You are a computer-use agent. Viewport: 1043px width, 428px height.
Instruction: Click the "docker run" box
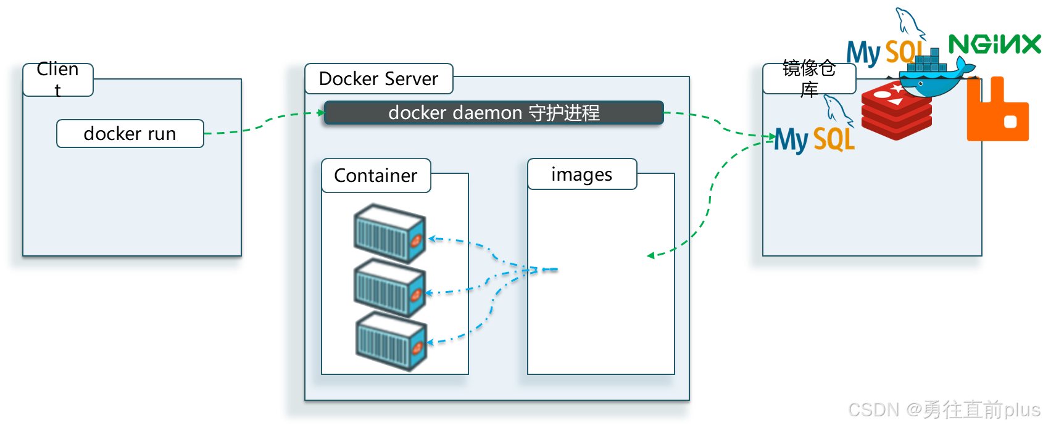130,133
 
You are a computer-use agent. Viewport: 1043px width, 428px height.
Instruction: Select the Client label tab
58,80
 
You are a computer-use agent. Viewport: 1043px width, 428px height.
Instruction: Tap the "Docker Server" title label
378,79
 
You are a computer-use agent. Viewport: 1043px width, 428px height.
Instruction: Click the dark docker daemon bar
493,113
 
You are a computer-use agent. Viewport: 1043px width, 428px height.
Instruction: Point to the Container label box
376,176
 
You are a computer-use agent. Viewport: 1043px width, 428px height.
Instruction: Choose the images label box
581,175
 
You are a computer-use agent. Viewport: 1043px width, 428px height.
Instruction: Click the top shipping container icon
389,233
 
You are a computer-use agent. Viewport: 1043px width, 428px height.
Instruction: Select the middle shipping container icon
389,287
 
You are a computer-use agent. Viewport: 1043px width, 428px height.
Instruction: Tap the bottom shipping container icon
391,341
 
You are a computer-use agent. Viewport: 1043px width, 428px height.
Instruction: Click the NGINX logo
994,44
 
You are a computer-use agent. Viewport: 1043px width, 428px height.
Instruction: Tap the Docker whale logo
935,74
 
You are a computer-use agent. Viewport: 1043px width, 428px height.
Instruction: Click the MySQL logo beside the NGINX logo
884,49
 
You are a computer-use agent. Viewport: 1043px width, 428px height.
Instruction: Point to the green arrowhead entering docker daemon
320,112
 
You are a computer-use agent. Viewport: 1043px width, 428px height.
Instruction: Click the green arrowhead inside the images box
650,255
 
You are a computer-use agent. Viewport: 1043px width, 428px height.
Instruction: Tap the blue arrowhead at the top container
432,239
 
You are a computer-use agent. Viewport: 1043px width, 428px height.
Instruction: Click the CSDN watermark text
943,409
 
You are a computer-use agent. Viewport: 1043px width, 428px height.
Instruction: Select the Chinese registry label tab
808,79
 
